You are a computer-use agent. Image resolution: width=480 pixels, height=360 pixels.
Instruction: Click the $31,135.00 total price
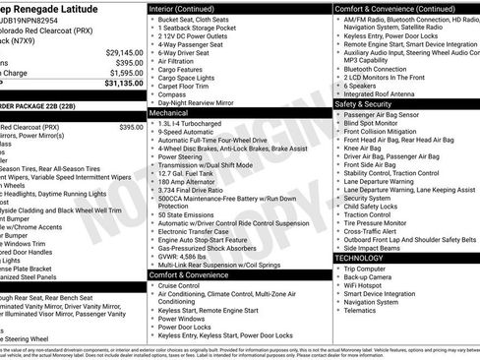pyautogui.click(x=120, y=84)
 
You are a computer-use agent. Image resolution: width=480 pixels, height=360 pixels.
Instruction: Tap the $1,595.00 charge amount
pyautogui.click(x=125, y=72)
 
